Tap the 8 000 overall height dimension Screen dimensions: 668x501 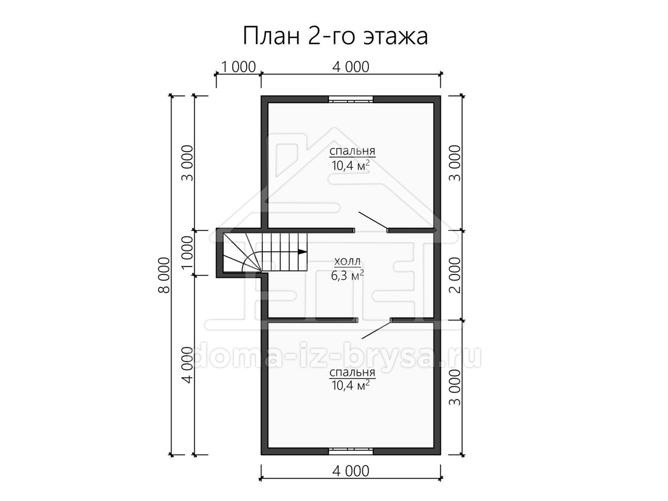164,276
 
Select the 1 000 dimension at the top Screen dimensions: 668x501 239,67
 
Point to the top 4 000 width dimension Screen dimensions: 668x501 351,67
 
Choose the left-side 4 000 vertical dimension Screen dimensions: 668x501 188,365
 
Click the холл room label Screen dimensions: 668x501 347,261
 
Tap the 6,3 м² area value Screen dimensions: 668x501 347,276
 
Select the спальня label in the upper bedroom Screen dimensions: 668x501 352,151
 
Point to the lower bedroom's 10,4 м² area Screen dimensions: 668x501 351,385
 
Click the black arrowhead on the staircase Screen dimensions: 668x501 302,252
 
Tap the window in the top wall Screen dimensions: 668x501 351,100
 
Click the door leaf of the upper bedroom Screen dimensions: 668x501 373,221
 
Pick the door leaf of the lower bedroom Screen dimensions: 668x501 376,331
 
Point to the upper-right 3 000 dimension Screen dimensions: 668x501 455,163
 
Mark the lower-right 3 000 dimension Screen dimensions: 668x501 455,387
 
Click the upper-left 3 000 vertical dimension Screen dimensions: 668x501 188,163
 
